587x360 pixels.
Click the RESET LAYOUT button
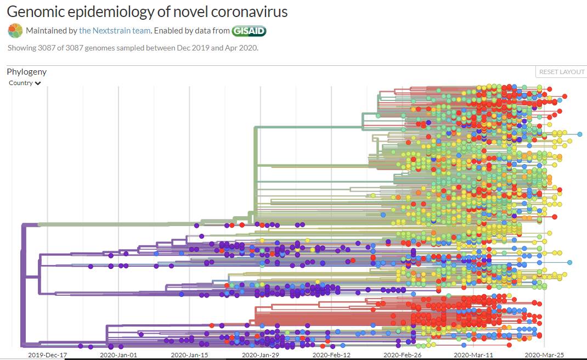pos(562,72)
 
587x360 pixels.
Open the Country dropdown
pos(25,83)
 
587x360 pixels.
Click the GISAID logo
pos(249,31)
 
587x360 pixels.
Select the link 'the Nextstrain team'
pos(114,31)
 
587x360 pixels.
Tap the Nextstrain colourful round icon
pos(15,31)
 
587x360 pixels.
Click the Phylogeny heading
pos(26,72)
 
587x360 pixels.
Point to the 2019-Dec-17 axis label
pos(47,355)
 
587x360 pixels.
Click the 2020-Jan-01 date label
pos(118,355)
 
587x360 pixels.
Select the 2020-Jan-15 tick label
pos(190,355)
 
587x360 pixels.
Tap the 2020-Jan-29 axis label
pos(261,355)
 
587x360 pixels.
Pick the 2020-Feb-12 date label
pos(331,355)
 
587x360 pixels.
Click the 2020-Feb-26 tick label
pos(402,355)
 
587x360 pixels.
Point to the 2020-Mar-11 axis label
pos(473,355)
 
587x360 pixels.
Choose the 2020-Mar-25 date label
pos(544,355)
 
